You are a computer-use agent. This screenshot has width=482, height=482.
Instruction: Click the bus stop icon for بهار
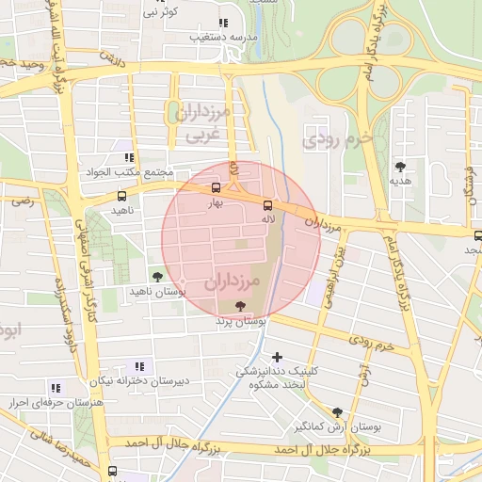pos(217,187)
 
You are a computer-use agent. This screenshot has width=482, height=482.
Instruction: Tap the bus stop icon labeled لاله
pos(268,203)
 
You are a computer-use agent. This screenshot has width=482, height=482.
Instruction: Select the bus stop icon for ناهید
pos(121,197)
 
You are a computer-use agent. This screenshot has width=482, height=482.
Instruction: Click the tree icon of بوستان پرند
pos(241,306)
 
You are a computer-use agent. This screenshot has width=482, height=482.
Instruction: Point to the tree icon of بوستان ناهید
pos(156,277)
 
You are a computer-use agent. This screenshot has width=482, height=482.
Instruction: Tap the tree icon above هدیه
pos(401,166)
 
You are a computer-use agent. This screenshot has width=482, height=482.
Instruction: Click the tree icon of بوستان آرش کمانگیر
pos(337,411)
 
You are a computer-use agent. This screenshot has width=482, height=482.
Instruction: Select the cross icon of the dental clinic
pos(277,357)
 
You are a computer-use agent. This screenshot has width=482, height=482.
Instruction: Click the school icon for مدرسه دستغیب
pos(223,23)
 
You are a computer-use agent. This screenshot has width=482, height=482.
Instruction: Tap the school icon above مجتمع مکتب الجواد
pos(129,157)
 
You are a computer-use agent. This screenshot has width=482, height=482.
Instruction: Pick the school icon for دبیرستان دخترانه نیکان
pos(140,365)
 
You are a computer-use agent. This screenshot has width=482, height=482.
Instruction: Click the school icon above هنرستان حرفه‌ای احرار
pos(56,387)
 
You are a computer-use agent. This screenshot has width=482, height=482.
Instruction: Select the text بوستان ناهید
pos(156,293)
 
